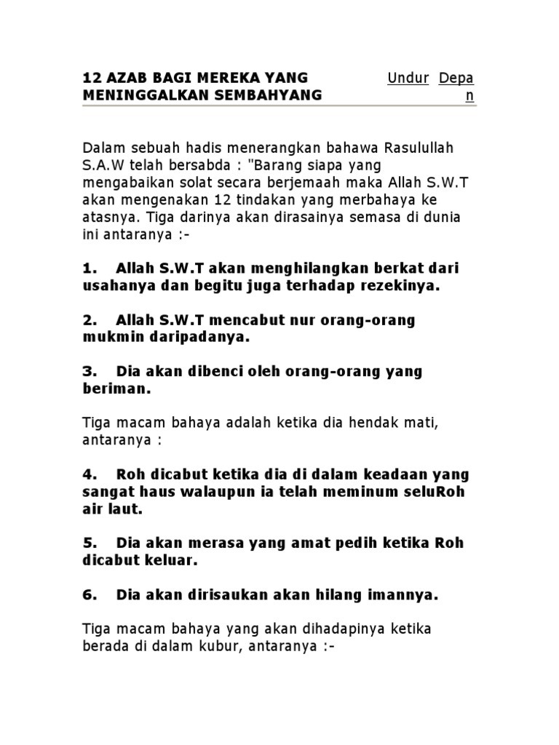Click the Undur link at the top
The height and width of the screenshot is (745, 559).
click(408, 78)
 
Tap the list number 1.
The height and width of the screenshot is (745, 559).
click(88, 268)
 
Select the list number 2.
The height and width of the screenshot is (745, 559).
click(88, 320)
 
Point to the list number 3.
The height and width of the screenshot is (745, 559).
click(88, 372)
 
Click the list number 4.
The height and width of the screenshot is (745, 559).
click(88, 475)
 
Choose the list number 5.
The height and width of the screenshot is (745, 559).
click(88, 543)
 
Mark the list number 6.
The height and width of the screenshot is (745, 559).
click(88, 595)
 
